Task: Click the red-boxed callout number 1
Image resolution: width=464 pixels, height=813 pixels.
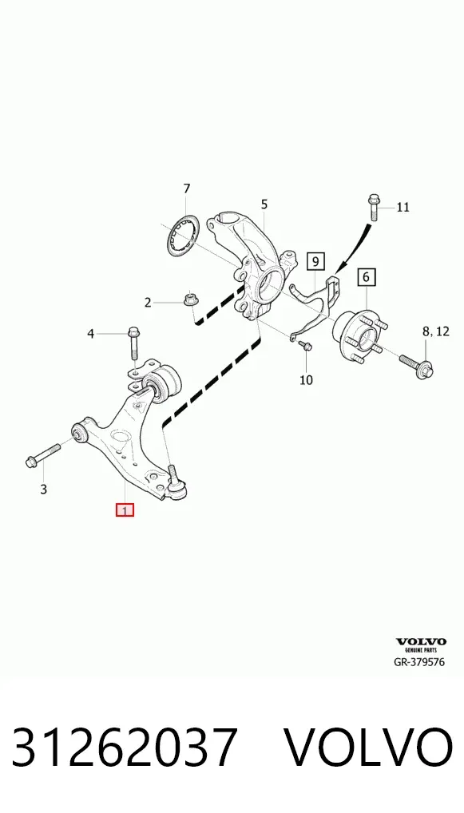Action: [125, 510]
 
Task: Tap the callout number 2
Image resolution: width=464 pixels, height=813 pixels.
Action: [148, 303]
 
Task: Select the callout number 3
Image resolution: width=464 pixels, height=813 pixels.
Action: [44, 489]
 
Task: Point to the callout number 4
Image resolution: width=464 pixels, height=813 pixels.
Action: [91, 334]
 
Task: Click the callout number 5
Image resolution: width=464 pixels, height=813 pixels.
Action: [264, 204]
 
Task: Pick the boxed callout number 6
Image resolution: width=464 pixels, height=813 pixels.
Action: [366, 277]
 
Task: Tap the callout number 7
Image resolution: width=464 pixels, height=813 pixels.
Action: [187, 188]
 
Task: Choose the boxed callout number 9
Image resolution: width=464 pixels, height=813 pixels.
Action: [315, 261]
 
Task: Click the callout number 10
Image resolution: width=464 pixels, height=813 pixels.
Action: [307, 380]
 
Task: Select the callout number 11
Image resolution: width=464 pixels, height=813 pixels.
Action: [403, 208]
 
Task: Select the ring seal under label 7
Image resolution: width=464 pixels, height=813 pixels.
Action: [183, 234]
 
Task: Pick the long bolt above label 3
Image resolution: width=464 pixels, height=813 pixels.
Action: [43, 453]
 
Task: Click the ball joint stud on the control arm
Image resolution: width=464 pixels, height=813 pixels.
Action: [173, 474]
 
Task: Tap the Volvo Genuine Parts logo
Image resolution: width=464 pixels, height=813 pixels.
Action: [421, 644]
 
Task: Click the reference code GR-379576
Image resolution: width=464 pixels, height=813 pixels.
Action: [419, 661]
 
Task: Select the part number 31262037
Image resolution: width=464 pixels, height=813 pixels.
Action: [125, 748]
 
